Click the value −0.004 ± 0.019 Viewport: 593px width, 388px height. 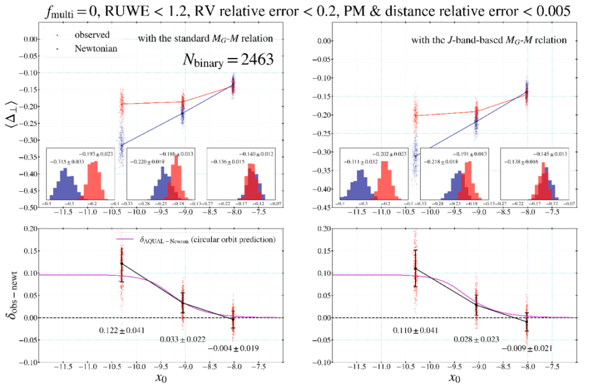tap(233, 349)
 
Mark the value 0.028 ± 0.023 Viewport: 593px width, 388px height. tap(475, 340)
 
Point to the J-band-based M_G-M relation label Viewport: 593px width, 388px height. tap(489, 41)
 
